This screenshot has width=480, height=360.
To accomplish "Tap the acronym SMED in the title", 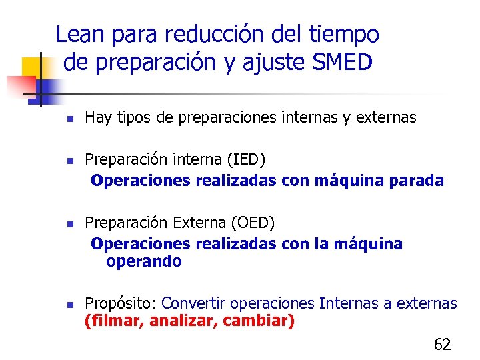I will [341, 63].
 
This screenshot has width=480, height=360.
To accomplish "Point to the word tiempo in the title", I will [345, 34].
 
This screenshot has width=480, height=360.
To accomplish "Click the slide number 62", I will [442, 344].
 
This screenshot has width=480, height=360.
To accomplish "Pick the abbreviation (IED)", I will [246, 160].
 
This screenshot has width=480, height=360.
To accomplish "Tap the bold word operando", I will [143, 261].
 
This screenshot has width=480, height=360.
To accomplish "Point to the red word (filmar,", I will [115, 321].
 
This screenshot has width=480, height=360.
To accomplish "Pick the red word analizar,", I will [184, 321].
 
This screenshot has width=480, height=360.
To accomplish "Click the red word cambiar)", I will [259, 321].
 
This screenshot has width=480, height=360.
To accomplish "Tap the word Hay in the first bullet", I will [97, 118].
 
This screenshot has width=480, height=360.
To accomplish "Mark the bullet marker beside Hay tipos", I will [69, 119].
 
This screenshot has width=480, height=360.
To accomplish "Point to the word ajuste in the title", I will [272, 63].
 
